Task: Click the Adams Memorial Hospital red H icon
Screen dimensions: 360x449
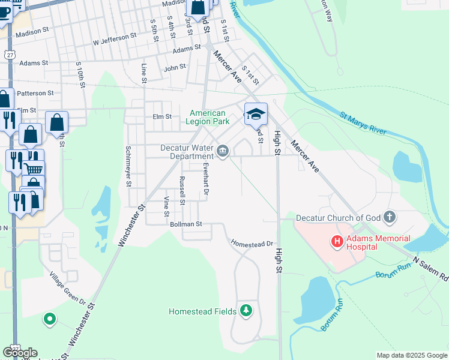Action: [337, 242]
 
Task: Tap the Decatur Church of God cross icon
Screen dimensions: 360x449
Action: [390, 217]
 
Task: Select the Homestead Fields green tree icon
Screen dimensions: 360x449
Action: [246, 310]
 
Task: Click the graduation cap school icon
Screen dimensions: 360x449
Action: [256, 113]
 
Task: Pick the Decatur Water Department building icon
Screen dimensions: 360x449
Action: [223, 151]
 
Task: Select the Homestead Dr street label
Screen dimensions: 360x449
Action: [252, 244]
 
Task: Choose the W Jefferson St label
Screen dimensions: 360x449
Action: [115, 40]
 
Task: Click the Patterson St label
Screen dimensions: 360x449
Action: [35, 93]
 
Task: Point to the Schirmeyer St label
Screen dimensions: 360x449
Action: [128, 167]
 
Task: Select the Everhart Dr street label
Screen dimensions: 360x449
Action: [205, 179]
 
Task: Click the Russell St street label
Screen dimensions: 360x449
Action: [182, 190]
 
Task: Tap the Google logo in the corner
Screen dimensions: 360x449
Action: [20, 352]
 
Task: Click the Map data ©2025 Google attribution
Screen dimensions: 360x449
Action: [411, 355]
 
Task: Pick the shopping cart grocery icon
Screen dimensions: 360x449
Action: [34, 169]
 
